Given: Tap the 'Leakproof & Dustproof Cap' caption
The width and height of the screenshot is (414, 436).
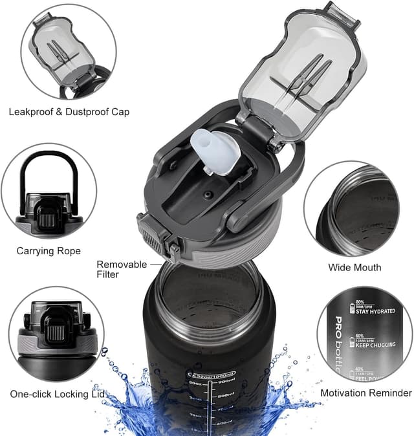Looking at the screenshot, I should pyautogui.click(x=69, y=112).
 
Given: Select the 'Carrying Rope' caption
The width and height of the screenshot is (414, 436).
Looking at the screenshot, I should pyautogui.click(x=49, y=250).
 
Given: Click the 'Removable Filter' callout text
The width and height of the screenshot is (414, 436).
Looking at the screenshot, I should pyautogui.click(x=118, y=269).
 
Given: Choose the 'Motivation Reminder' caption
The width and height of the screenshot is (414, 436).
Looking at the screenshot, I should pyautogui.click(x=365, y=393).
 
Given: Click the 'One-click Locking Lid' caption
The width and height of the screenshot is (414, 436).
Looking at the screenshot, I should pyautogui.click(x=59, y=393).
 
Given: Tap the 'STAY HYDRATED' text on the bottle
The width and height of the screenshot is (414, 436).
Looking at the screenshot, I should pyautogui.click(x=375, y=311).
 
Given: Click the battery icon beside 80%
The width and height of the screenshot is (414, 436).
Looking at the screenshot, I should pyautogui.click(x=351, y=306).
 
